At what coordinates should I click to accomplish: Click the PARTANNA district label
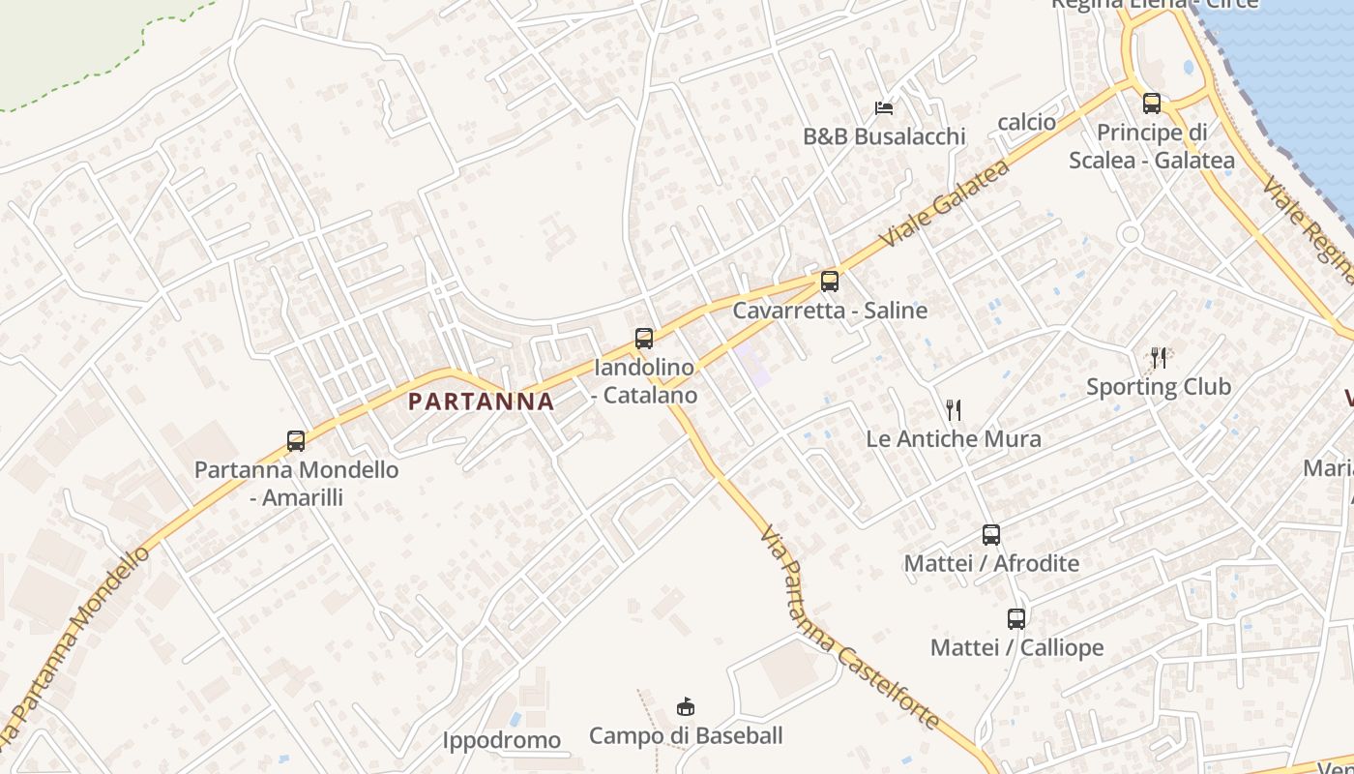pyautogui.click(x=481, y=402)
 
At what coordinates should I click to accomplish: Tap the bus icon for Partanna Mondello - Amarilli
pyautogui.click(x=296, y=441)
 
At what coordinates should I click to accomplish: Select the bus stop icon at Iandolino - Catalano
pyautogui.click(x=644, y=339)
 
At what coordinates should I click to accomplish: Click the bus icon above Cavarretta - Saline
pyautogui.click(x=830, y=282)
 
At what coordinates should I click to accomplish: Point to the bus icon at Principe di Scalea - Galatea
pyautogui.click(x=1151, y=104)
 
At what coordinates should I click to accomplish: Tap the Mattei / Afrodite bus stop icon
pyautogui.click(x=991, y=534)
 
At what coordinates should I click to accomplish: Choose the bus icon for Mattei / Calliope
pyautogui.click(x=1016, y=619)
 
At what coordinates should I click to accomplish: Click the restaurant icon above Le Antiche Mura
pyautogui.click(x=954, y=410)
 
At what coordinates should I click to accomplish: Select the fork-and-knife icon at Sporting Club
pyautogui.click(x=1159, y=358)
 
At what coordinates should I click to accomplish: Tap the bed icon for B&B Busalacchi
pyautogui.click(x=884, y=107)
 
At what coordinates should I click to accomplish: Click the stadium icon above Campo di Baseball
pyautogui.click(x=686, y=707)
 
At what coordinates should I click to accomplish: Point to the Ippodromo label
pyautogui.click(x=502, y=741)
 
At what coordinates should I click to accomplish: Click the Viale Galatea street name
pyautogui.click(x=944, y=204)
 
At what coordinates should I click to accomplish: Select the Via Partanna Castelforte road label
pyautogui.click(x=848, y=629)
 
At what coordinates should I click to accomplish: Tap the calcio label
pyautogui.click(x=1026, y=122)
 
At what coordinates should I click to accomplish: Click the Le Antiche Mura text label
pyautogui.click(x=954, y=439)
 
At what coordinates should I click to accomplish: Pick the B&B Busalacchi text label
pyautogui.click(x=884, y=136)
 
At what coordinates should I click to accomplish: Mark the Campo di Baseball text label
pyautogui.click(x=686, y=736)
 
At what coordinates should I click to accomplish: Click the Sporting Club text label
pyautogui.click(x=1159, y=387)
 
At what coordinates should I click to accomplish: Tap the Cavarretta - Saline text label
pyautogui.click(x=830, y=311)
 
